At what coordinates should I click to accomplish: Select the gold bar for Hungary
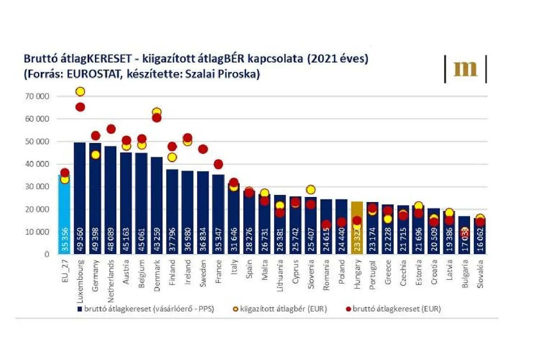tap(357, 226)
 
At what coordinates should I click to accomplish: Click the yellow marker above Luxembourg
tap(80, 91)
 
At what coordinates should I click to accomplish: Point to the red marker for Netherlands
tap(111, 129)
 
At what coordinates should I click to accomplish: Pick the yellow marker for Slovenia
tap(311, 190)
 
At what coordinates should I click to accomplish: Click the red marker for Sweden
tap(203, 149)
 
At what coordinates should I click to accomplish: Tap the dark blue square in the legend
tap(79, 309)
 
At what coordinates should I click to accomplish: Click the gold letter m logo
tap(465, 69)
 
